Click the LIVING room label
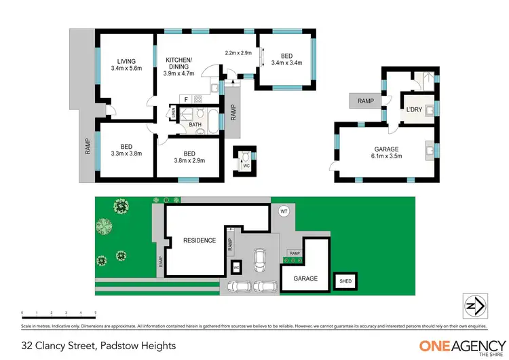coord(126,60)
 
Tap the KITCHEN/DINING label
coord(180,63)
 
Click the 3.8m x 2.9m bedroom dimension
coord(189,160)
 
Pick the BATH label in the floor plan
coord(195,124)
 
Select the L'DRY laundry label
coord(414,109)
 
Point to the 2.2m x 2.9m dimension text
coord(239,53)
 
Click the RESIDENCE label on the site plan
coord(200,240)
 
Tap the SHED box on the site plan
coord(346,281)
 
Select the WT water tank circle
coord(284,212)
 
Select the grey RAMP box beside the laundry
coord(366,101)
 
